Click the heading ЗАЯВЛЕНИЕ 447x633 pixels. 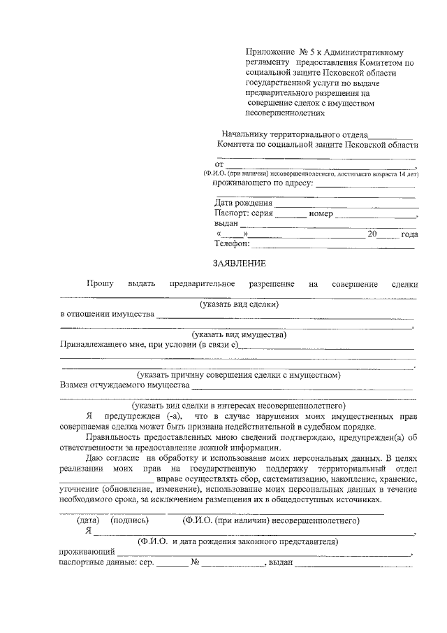coord(240,264)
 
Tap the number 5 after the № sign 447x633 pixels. coord(314,52)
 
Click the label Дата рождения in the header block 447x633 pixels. coord(244,203)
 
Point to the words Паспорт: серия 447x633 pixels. coord(244,213)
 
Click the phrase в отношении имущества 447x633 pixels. coord(107,314)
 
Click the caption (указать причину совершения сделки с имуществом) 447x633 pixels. coord(238,375)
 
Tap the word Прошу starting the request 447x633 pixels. coord(100,284)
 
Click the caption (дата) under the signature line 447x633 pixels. coord(87,520)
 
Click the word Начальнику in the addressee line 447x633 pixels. coord(244,134)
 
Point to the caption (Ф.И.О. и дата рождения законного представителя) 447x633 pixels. coord(238,541)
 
